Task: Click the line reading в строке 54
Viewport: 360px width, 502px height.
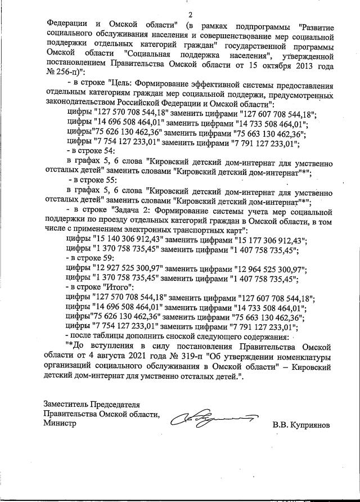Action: [92, 151]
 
